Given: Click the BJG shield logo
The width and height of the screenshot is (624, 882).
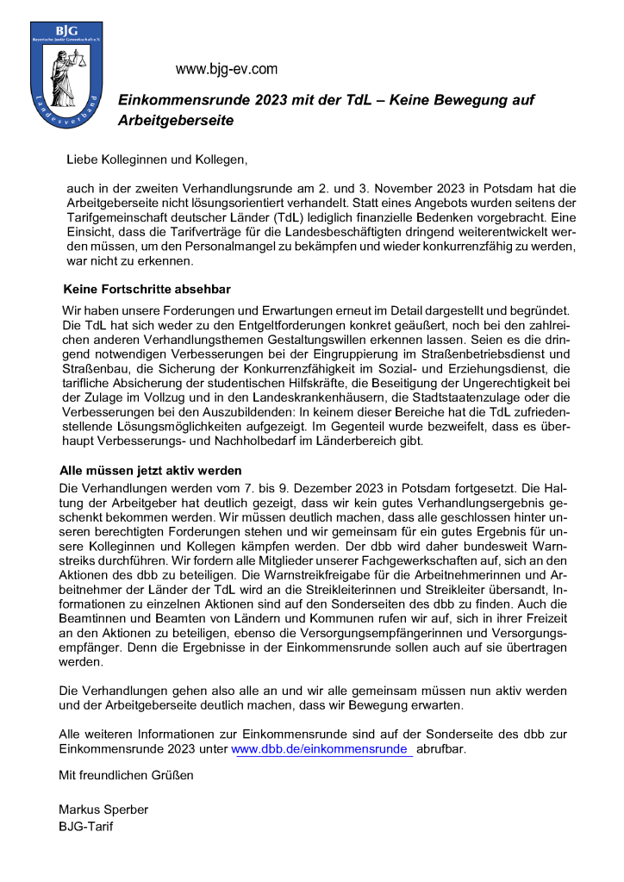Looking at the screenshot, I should point(66,76).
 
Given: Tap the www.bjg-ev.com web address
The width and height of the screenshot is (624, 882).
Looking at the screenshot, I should point(227,69).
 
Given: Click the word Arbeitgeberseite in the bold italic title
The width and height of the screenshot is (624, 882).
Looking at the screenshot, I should point(176,122).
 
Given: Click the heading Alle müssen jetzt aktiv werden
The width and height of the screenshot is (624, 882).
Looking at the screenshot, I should point(150,471).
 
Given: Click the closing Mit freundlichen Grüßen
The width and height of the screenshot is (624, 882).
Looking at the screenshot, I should point(126,774).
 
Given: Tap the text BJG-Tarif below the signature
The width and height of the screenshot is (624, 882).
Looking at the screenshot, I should point(86,827).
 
